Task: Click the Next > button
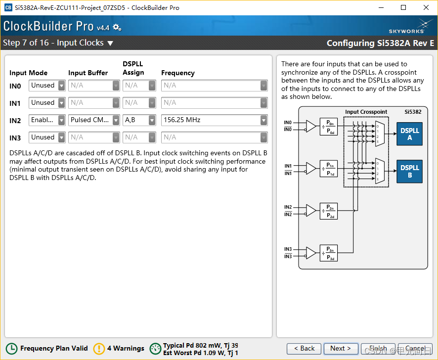[x=341, y=348]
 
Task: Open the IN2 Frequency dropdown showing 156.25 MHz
[x=214, y=120]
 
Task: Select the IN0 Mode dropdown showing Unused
[x=47, y=86]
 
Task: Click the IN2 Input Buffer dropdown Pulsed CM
[x=94, y=120]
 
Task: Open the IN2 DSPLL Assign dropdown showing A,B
[x=139, y=120]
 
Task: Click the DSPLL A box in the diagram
[x=409, y=134]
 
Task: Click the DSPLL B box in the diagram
[x=409, y=171]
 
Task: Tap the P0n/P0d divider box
[x=329, y=127]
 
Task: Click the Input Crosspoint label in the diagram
[x=366, y=112]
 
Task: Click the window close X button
[x=426, y=7]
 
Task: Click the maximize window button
[x=403, y=7]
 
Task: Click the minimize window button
[x=381, y=7]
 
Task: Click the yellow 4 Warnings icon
[x=99, y=349]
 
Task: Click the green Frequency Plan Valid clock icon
[x=11, y=349]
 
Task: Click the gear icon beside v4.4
[x=117, y=27]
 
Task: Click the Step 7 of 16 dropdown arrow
[x=110, y=43]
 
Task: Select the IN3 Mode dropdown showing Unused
[x=47, y=137]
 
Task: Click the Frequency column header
[x=177, y=73]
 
